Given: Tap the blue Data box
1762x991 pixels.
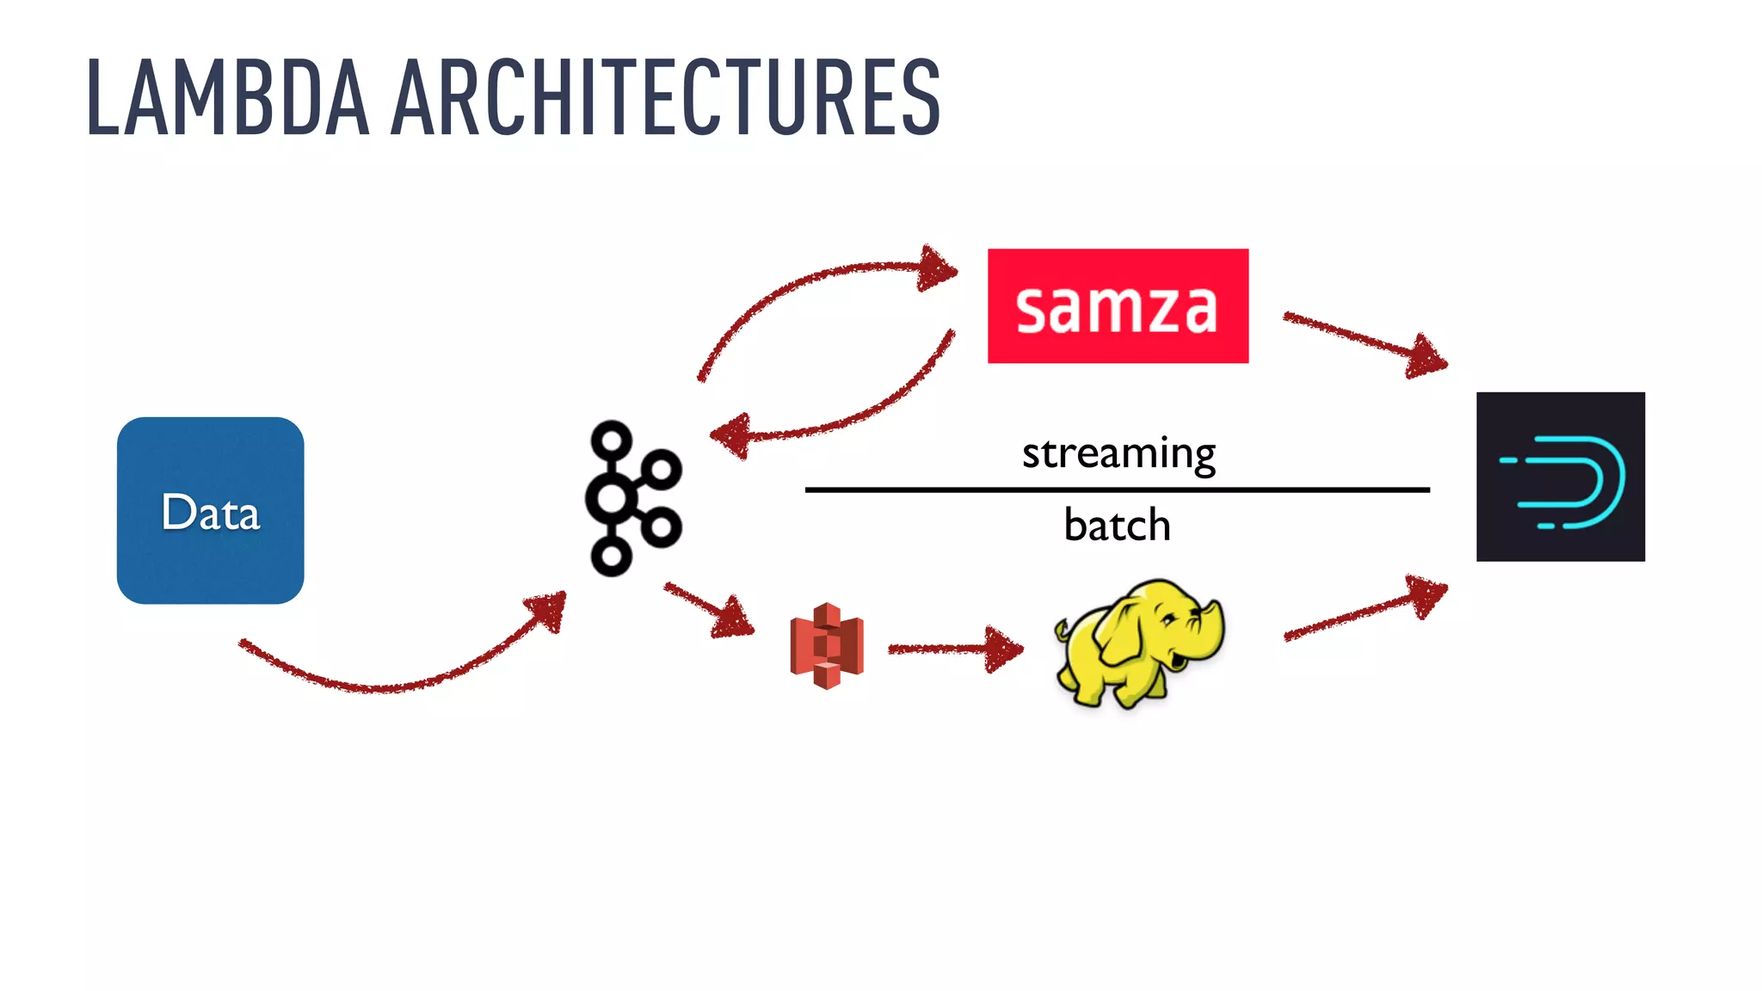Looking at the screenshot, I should coord(210,510).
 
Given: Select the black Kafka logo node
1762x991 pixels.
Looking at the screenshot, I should coord(631,498).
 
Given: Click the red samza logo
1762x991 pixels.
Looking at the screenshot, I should coord(1118,306).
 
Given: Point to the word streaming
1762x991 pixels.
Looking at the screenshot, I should coord(1118,453).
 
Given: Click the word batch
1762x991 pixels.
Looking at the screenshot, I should coord(1117,525).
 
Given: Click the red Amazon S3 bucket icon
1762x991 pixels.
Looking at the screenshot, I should coord(826,645).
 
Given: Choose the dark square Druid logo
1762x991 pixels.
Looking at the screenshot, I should coord(1560,477).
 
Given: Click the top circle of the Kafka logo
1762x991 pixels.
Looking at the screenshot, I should coord(612,440).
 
